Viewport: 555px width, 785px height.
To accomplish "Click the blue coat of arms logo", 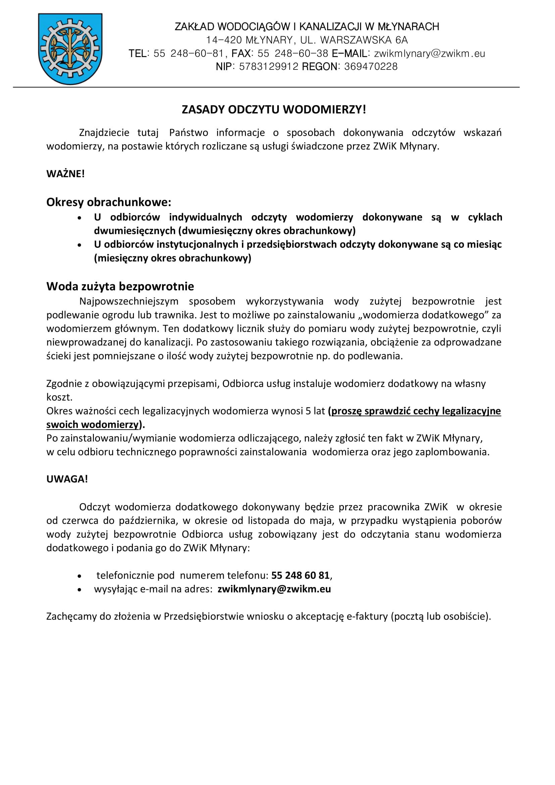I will [70, 49].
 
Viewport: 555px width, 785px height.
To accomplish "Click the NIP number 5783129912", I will [269, 67].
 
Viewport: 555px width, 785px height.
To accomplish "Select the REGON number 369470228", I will [371, 67].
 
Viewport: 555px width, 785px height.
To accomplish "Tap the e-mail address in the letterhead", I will [430, 54].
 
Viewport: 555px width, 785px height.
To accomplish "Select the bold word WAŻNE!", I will [65, 174].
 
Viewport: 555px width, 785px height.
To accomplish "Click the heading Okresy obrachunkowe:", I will [109, 202].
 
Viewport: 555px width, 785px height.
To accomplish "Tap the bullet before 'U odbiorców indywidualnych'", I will [80, 218].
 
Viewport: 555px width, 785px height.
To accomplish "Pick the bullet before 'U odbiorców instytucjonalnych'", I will [80, 245].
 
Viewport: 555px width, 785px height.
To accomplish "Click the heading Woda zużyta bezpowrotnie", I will [120, 286].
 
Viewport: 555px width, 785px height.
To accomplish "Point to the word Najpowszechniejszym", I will [129, 301].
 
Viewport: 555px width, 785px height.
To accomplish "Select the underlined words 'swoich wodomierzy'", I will [93, 425].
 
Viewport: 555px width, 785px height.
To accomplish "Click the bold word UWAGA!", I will [67, 479].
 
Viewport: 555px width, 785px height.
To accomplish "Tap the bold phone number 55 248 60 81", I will [300, 576].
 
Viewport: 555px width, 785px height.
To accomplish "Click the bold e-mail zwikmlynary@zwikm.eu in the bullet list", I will [274, 589].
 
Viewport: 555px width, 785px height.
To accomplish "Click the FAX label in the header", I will [241, 54].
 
